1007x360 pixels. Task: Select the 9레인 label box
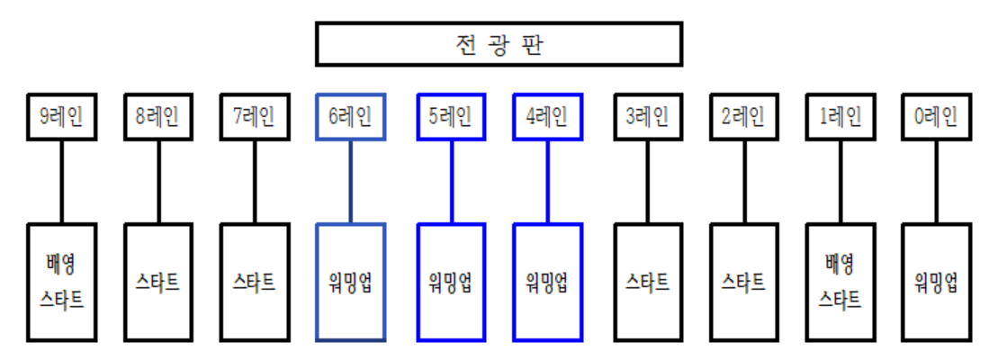pyautogui.click(x=62, y=116)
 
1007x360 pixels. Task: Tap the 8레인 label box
pyautogui.click(x=158, y=116)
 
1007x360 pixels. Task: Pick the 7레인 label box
pyautogui.click(x=255, y=116)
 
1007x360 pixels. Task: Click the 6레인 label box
pyautogui.click(x=351, y=116)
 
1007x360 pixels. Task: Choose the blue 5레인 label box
pyautogui.click(x=452, y=116)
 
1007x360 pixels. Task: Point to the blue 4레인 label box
pyautogui.click(x=547, y=116)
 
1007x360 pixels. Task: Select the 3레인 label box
pyautogui.click(x=648, y=116)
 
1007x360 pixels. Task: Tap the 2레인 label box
pyautogui.click(x=743, y=116)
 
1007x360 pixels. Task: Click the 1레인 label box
pyautogui.click(x=840, y=116)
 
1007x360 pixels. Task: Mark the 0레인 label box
pyautogui.click(x=936, y=116)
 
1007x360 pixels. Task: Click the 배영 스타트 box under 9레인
pyautogui.click(x=62, y=282)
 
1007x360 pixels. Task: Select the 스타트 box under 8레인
pyautogui.click(x=158, y=282)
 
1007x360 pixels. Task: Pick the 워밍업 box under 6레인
pyautogui.click(x=351, y=282)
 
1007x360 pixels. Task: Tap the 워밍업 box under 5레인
pyautogui.click(x=452, y=282)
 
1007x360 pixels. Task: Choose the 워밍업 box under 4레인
pyautogui.click(x=547, y=282)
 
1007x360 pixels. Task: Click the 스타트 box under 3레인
pyautogui.click(x=648, y=282)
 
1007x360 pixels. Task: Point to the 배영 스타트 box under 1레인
pyautogui.click(x=840, y=282)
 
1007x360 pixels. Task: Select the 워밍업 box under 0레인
pyautogui.click(x=936, y=282)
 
